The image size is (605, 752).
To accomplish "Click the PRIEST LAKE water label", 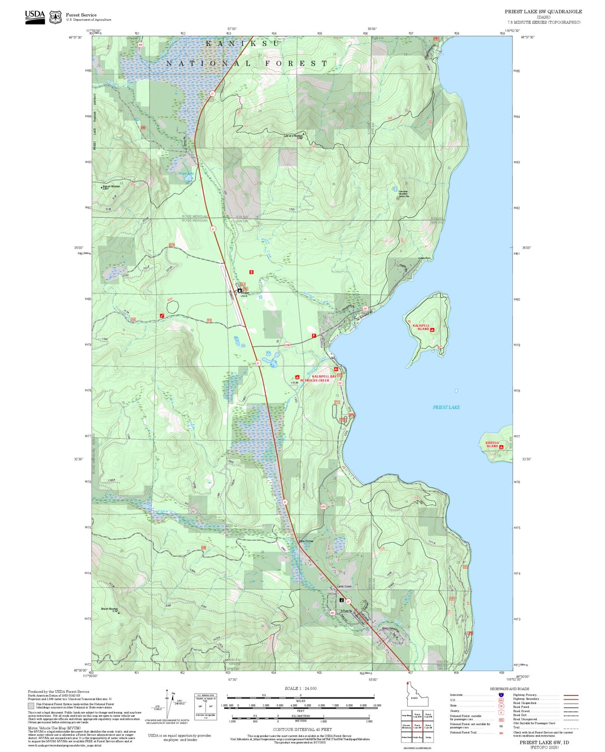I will coord(446,407).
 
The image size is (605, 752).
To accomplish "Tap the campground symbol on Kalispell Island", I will coord(432,330).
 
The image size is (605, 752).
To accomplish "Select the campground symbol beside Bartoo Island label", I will coord(501,447).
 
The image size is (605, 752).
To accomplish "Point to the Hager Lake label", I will coord(186,173).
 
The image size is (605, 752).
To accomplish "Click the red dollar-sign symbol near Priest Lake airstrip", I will coord(251,272).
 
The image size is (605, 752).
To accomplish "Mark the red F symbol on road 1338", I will coord(314,336).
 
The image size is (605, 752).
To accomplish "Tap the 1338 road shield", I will coord(287,345).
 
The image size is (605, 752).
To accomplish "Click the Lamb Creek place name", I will coord(344,586).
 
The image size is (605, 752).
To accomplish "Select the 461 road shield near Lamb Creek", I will coord(332,613).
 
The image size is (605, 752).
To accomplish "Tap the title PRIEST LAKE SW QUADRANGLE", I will coord(543,12).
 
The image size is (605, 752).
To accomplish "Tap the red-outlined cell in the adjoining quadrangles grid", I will coord(417,726).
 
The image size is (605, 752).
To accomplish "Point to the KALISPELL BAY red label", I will coord(324,376).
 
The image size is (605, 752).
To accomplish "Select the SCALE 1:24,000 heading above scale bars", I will coord(301,688).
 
